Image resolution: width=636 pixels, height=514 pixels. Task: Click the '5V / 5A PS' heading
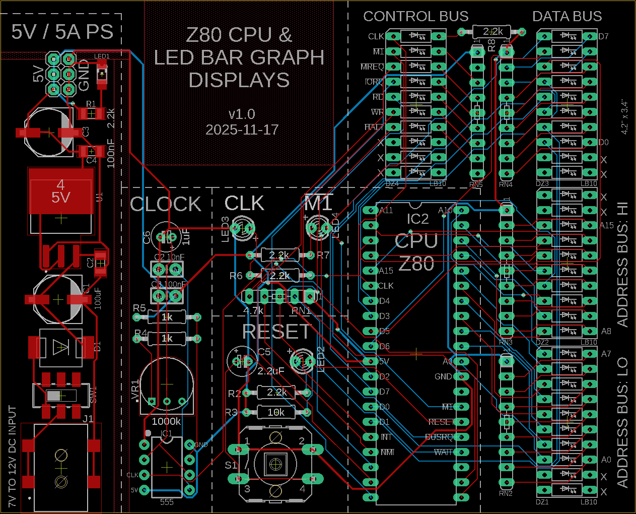coord(62,32)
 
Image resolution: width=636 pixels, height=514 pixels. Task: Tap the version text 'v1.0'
coord(242,114)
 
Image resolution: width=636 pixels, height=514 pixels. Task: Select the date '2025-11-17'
coord(242,130)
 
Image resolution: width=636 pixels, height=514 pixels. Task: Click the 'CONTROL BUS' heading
coord(415,17)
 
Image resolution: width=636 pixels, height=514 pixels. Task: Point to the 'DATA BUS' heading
coord(567,17)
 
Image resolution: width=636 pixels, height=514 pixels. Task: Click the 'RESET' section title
coord(276,332)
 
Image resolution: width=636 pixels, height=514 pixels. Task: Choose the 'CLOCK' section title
coord(166,204)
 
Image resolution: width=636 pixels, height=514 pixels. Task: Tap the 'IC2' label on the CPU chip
coord(417,219)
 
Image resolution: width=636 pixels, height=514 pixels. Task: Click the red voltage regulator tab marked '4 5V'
coord(61,191)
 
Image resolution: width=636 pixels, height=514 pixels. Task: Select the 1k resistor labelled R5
coord(167,317)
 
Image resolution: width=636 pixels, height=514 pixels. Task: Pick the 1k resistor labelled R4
coord(167,338)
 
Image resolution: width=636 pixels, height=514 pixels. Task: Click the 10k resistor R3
coord(276,412)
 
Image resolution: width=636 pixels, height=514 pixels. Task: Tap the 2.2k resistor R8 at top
coord(492,32)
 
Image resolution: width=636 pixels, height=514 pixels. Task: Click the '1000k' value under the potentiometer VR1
coord(166,421)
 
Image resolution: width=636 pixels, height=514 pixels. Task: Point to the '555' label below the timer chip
coord(167,502)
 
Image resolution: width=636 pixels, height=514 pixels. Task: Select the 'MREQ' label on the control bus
coord(372,67)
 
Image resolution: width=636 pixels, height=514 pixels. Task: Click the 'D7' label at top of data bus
coord(603,36)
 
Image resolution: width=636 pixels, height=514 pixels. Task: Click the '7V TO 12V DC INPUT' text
coord(12,456)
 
